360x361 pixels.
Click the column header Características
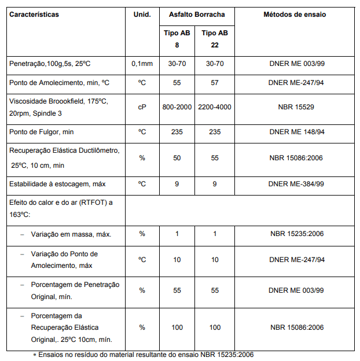point(34,14)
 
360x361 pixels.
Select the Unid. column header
point(142,14)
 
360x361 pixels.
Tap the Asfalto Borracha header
point(197,14)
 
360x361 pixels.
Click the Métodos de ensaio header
point(296,14)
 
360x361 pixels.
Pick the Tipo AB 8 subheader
point(177,39)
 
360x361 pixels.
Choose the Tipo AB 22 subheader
point(215,39)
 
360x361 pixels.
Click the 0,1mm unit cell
point(142,64)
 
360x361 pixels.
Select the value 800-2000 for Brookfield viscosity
point(177,107)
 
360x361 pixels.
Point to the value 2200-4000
point(215,107)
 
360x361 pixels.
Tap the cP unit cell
point(142,107)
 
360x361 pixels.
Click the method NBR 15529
point(296,107)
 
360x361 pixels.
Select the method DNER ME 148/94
point(296,132)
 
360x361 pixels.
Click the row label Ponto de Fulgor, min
point(42,132)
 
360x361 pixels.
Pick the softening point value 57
point(215,83)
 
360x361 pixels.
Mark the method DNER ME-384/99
point(296,184)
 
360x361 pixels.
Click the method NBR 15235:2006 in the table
point(296,234)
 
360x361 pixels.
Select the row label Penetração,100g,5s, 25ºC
point(50,64)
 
